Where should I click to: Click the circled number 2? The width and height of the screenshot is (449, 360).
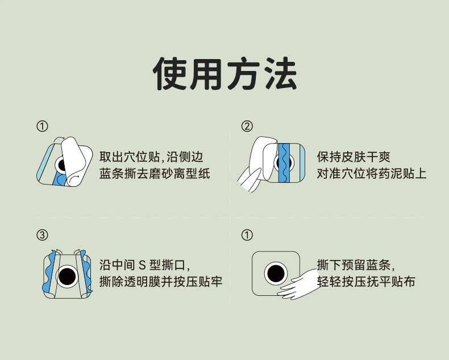point(247,126)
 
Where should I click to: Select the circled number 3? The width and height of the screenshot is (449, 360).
point(42,235)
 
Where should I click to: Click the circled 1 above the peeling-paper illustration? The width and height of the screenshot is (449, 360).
point(42,126)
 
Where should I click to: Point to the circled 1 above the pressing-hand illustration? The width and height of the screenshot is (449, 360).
point(247,235)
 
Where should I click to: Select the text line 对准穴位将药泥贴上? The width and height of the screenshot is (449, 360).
point(371,173)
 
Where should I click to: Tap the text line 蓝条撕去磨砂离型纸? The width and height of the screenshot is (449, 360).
point(155,173)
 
